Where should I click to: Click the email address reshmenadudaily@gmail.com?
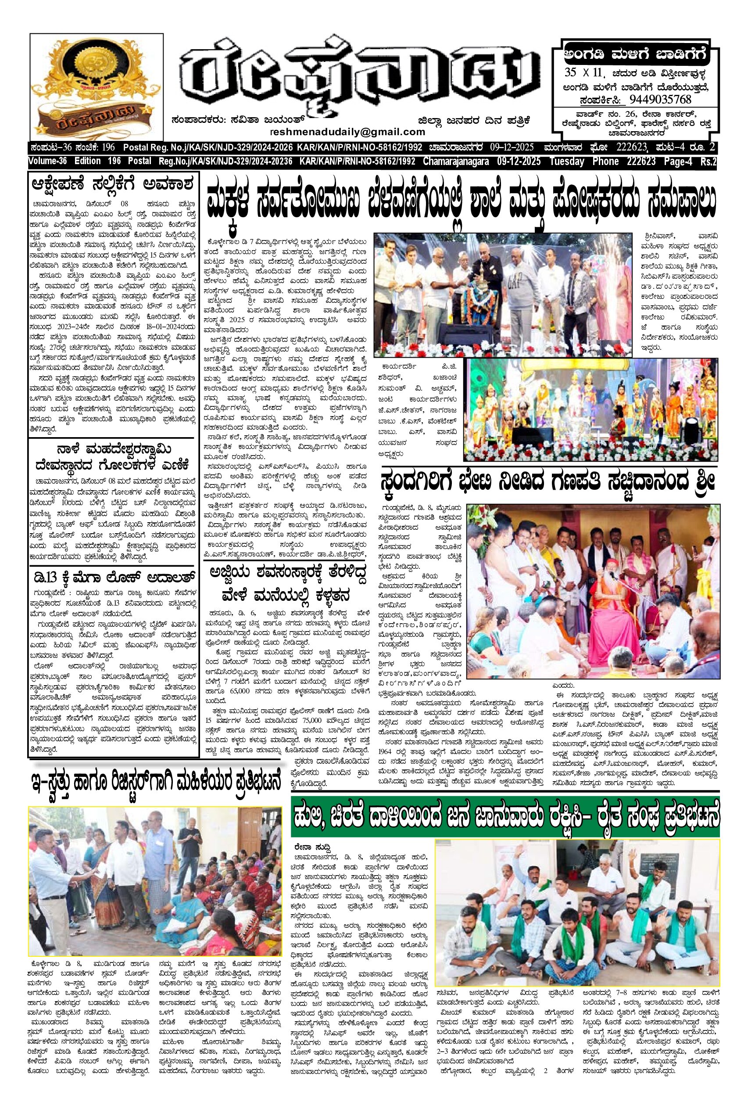click(347, 131)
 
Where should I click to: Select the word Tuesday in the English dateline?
click(566, 162)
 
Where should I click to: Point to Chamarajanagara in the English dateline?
click(455, 162)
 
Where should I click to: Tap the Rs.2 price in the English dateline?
click(708, 162)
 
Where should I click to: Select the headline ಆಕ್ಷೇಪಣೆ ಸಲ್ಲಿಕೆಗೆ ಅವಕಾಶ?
click(112, 184)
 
